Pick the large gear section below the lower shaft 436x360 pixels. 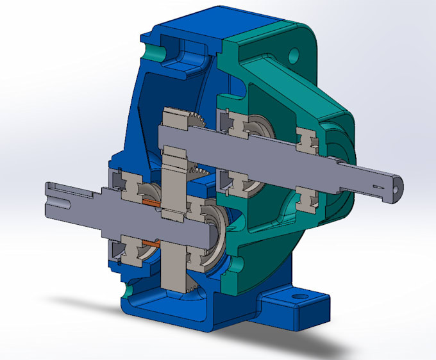[173, 269]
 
